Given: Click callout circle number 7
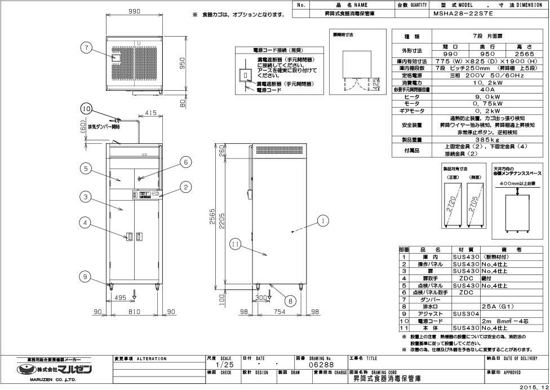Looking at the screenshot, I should (x=86, y=48).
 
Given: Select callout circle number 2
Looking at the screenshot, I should (x=185, y=187).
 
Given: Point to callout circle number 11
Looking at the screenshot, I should (x=236, y=243).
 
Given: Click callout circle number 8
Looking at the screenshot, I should (x=290, y=301).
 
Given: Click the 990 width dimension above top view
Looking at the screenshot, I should (x=134, y=12).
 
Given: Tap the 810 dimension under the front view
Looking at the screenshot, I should (x=134, y=310).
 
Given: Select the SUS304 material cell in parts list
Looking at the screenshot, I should (x=465, y=313).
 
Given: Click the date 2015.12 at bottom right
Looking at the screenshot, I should (x=532, y=386).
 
